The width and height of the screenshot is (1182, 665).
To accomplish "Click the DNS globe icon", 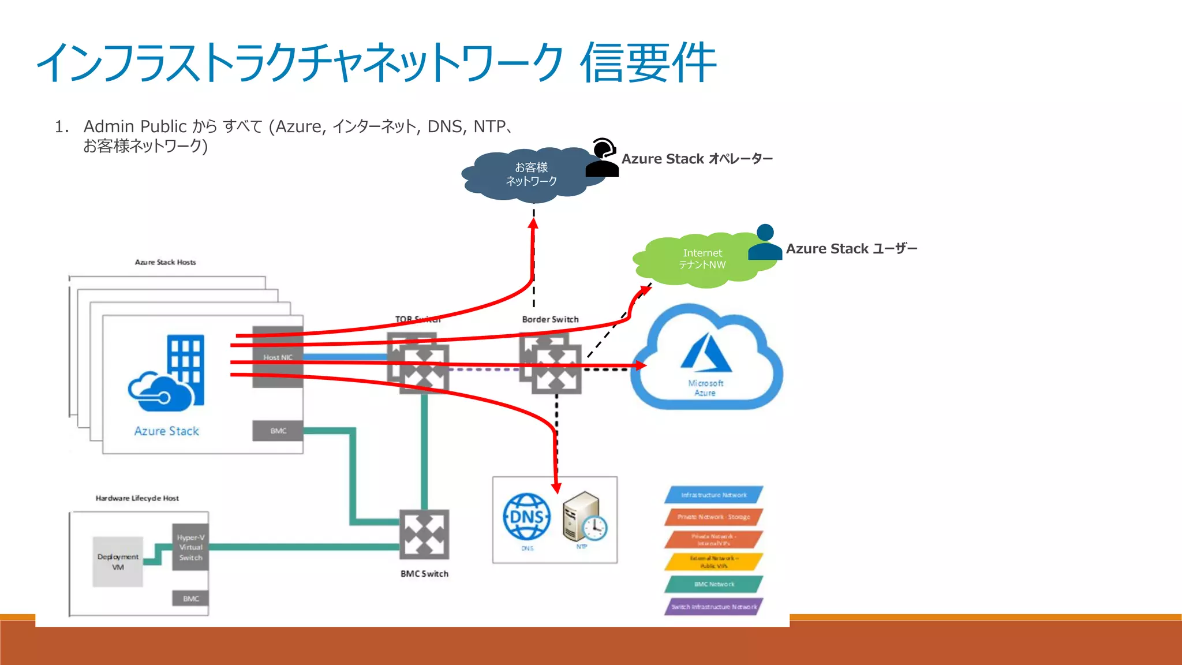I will [x=526, y=517].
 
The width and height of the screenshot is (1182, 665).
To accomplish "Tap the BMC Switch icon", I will [x=424, y=534].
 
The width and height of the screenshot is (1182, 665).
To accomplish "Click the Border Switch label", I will [x=550, y=319].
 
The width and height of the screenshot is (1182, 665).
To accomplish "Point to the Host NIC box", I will [x=278, y=357].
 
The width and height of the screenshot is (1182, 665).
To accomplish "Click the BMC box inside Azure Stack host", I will [x=278, y=431].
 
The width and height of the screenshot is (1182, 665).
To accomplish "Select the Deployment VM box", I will [x=118, y=562].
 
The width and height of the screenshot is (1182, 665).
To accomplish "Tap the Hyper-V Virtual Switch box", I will [x=190, y=547].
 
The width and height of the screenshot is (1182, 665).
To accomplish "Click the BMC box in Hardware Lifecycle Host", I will [x=190, y=599].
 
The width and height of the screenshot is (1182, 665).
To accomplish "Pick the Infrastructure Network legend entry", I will [x=713, y=495].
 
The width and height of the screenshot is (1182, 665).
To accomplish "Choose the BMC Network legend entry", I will [x=713, y=584].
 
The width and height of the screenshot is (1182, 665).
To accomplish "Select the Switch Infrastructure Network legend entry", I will [x=713, y=607].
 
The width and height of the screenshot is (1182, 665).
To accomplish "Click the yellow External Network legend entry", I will [x=713, y=562].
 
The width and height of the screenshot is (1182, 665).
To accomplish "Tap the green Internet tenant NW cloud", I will [x=701, y=259].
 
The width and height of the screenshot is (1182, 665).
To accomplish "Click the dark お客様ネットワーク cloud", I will [x=531, y=174].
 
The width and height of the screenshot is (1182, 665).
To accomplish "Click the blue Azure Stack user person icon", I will [x=765, y=242].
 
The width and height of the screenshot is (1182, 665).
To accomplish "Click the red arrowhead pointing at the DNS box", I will [x=556, y=488].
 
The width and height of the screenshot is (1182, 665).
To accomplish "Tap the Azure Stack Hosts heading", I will [x=165, y=262].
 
